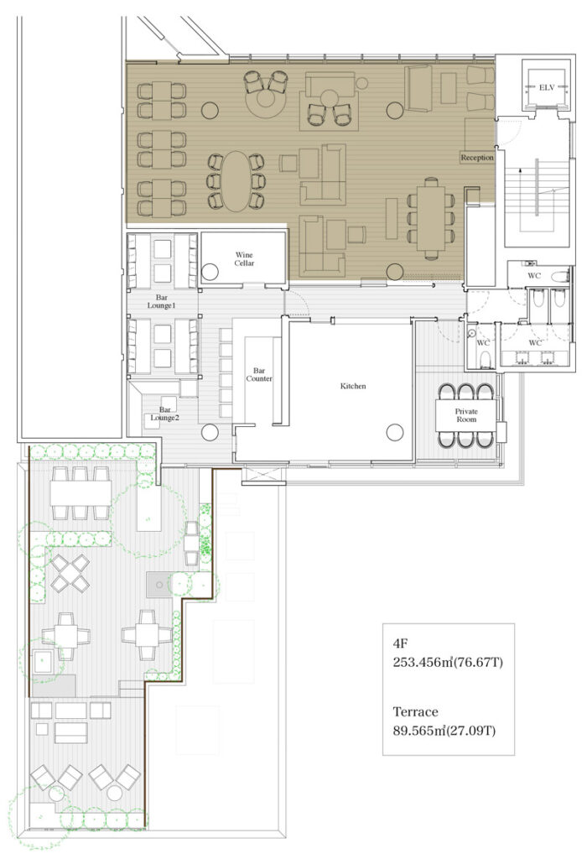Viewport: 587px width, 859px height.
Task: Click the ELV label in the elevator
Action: pyautogui.click(x=547, y=87)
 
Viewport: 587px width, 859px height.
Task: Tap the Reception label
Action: pyautogui.click(x=477, y=157)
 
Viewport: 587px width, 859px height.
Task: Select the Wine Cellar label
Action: pyautogui.click(x=244, y=258)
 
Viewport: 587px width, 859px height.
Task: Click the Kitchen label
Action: pyautogui.click(x=353, y=386)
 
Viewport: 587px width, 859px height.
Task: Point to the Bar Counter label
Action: pyautogui.click(x=259, y=375)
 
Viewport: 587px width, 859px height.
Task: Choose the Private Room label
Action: pyautogui.click(x=466, y=415)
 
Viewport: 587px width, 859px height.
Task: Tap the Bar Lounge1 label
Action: pyautogui.click(x=162, y=301)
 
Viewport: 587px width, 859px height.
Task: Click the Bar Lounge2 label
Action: pyautogui.click(x=165, y=414)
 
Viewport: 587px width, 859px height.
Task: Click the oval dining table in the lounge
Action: pyautogui.click(x=236, y=181)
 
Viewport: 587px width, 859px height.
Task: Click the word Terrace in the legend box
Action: pyautogui.click(x=416, y=711)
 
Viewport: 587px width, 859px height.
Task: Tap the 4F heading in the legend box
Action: pyautogui.click(x=400, y=643)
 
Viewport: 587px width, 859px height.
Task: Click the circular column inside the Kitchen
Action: pyautogui.click(x=395, y=432)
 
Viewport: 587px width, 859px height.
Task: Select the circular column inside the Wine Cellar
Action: pyautogui.click(x=210, y=272)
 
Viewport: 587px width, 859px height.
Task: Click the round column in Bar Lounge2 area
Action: pyautogui.click(x=210, y=432)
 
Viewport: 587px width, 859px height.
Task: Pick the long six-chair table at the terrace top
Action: pyautogui.click(x=81, y=493)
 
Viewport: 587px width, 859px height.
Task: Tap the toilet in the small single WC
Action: pyautogui.click(x=485, y=359)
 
